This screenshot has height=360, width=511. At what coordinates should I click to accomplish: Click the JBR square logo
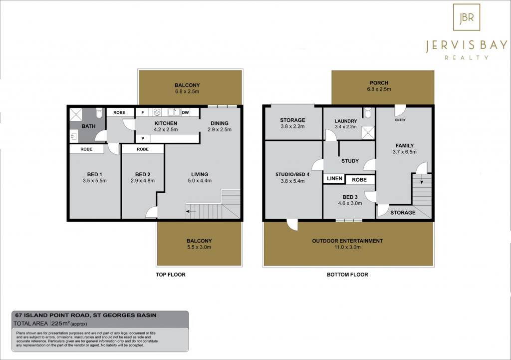click(x=467, y=17)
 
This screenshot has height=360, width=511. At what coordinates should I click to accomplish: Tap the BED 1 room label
click(x=94, y=174)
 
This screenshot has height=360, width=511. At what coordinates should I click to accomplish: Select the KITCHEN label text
click(x=166, y=123)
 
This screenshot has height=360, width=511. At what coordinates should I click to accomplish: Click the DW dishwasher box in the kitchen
click(x=185, y=112)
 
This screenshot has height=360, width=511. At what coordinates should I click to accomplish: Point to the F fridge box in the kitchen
click(x=142, y=112)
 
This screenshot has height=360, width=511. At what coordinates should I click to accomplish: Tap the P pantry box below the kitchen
click(x=143, y=139)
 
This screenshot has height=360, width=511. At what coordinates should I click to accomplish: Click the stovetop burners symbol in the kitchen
click(x=157, y=112)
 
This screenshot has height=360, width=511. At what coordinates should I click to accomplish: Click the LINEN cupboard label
click(x=334, y=178)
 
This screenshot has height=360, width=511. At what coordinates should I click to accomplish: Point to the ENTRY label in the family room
click(x=400, y=120)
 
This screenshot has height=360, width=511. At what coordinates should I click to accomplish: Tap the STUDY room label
click(x=350, y=161)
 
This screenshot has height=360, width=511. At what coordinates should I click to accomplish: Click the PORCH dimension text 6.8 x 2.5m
click(x=379, y=89)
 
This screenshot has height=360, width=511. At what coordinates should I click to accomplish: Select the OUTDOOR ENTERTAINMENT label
click(x=347, y=241)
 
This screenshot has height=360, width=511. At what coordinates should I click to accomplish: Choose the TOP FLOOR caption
click(x=171, y=275)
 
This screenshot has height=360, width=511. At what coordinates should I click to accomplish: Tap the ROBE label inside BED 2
click(x=143, y=149)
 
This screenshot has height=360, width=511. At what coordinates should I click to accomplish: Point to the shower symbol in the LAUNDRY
click(x=368, y=133)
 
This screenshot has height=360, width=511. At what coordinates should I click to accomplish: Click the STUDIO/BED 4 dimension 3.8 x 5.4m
click(x=292, y=181)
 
